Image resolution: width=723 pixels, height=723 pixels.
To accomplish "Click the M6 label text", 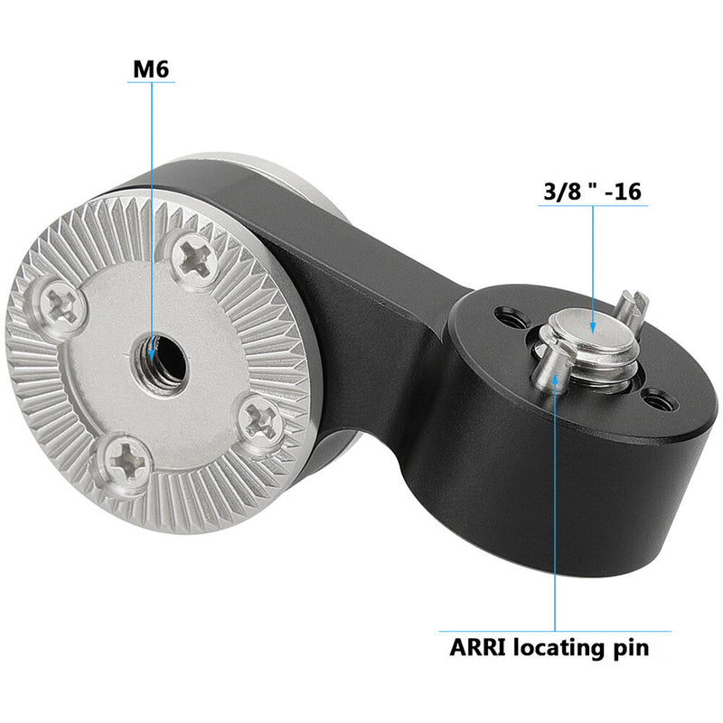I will [x=151, y=68].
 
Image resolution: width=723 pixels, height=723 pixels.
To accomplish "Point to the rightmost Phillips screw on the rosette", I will [x=263, y=418].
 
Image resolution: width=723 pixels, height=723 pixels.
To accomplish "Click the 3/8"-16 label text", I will [x=594, y=192].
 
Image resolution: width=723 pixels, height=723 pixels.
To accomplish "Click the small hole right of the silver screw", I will [x=658, y=398].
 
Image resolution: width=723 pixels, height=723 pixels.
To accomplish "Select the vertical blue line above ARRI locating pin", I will [x=555, y=506].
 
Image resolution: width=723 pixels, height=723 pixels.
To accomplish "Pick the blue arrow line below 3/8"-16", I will [x=594, y=262].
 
